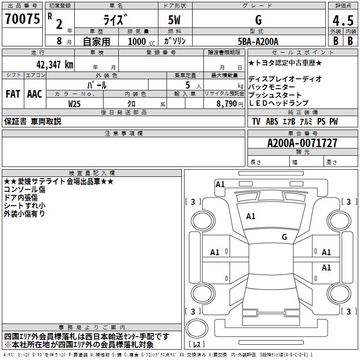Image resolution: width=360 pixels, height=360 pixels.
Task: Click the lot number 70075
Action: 22,19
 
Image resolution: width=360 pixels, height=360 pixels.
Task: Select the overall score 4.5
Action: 343,20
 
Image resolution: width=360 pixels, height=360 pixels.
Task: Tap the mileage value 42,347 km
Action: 54,65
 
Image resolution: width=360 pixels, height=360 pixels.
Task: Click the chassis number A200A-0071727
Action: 302,143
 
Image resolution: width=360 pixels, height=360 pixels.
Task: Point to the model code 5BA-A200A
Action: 258,41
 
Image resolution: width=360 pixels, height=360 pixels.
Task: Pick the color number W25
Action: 74,104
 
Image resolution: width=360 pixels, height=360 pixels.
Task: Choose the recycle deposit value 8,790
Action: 227,104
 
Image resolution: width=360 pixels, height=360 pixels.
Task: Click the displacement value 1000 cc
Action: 141,41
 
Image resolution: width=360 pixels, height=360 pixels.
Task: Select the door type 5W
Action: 174,20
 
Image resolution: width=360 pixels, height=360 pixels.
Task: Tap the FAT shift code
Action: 13,94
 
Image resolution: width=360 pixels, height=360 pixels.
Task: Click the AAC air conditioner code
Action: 35,94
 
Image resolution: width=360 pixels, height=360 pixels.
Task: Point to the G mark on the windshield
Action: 284,237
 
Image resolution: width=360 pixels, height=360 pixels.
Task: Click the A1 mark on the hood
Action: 251,216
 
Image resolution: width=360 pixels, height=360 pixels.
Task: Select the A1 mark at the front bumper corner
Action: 220,184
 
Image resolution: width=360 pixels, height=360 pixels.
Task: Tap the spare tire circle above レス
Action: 197,328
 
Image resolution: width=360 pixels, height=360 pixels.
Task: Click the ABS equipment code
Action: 272,121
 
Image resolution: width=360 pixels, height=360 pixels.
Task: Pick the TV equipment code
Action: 256,121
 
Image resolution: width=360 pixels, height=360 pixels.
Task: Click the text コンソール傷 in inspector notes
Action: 25,189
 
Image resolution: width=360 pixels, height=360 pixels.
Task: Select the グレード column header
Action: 258,5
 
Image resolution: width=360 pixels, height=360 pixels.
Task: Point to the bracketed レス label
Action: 197,344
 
